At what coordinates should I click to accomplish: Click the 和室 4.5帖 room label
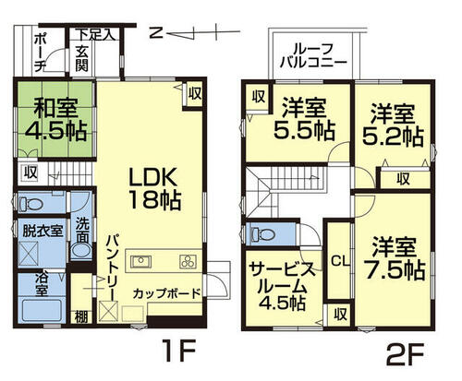pos(55,120)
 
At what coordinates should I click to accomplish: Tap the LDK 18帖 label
pos(154,189)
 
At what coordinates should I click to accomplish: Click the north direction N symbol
pos(157,32)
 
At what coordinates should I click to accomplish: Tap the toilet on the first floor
pos(30,203)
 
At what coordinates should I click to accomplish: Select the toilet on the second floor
pos(262,235)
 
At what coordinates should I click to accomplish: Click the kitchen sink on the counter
pos(140,262)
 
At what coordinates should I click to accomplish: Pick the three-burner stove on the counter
pos(188,262)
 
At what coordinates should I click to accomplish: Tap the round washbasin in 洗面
pos(81,250)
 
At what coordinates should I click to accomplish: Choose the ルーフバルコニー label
pos(313,56)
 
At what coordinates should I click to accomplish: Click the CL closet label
pos(340,261)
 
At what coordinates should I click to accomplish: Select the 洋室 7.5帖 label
pos(395,259)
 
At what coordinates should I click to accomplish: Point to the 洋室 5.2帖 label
pos(393,125)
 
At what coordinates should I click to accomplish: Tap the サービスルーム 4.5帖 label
pos(283,286)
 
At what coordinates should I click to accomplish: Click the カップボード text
pos(166,293)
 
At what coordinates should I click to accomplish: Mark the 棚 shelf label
pos(81,317)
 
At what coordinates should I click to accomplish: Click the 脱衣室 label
pos(43,232)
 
